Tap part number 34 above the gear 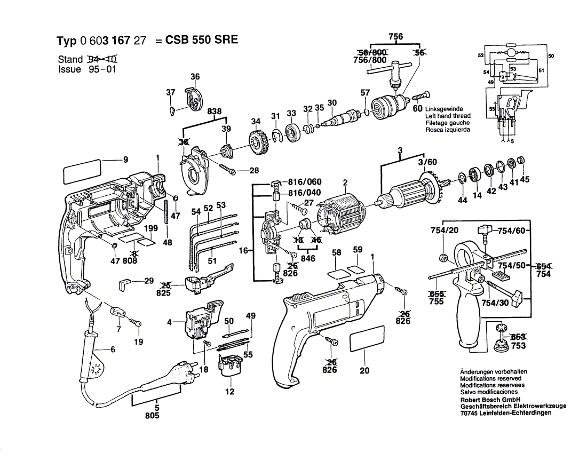click(x=256, y=121)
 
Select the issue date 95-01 click(x=99, y=69)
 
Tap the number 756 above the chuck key click(x=395, y=36)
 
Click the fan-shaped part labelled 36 click(x=193, y=100)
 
